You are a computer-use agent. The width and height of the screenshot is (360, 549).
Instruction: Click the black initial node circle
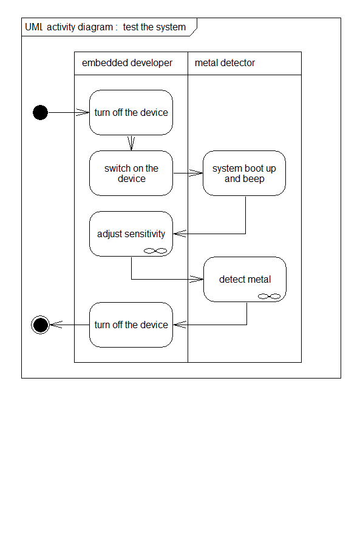click(x=40, y=112)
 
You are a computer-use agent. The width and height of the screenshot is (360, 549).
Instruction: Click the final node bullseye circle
click(x=40, y=325)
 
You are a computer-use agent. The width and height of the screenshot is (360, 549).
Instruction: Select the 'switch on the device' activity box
click(x=131, y=173)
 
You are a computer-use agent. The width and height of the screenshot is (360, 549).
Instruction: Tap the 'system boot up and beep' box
click(x=244, y=173)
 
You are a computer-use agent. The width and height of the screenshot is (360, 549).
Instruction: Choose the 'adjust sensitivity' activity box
click(x=131, y=234)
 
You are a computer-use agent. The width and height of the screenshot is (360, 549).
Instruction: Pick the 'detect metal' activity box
click(x=245, y=280)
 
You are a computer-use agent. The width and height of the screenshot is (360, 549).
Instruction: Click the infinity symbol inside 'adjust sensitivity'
click(x=155, y=251)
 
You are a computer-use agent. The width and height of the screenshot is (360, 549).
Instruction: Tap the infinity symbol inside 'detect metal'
click(x=269, y=296)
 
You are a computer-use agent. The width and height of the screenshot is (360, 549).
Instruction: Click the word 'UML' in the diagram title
click(x=33, y=27)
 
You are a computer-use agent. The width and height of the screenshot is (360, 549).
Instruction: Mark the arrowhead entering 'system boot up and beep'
click(x=196, y=173)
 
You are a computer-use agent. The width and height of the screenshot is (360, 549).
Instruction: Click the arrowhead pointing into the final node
click(x=56, y=325)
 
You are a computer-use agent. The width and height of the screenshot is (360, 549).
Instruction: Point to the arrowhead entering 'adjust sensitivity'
click(x=180, y=234)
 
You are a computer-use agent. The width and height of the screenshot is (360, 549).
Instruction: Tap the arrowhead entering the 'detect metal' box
click(x=196, y=279)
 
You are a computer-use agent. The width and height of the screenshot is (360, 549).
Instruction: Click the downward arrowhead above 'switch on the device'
click(x=131, y=143)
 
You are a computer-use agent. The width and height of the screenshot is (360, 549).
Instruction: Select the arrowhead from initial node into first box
click(x=83, y=112)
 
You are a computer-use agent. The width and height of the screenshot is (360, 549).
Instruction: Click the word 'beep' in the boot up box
click(x=254, y=179)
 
